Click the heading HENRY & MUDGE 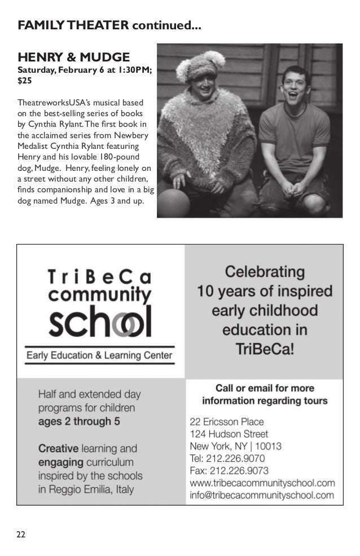(74, 58)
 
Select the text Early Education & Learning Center (99, 356)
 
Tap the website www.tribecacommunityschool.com (262, 483)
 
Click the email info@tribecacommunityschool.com (262, 496)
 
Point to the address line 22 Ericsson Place (227, 421)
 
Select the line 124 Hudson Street (229, 434)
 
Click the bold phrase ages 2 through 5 (79, 421)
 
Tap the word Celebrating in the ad (265, 272)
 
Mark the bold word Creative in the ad (58, 449)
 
